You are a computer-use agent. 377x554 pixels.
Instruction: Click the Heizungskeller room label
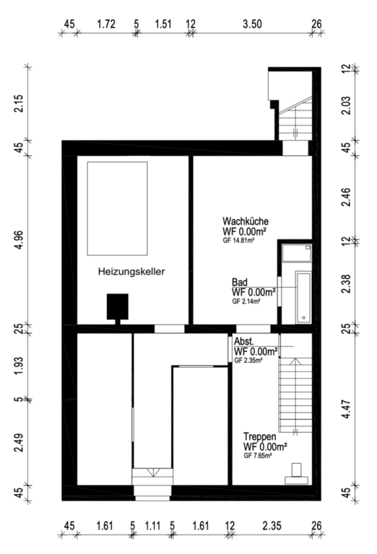pyautogui.click(x=131, y=272)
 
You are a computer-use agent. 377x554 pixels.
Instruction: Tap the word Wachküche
pyautogui.click(x=246, y=221)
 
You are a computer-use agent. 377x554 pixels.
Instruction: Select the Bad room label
pyautogui.click(x=240, y=282)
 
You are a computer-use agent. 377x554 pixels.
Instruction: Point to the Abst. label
pyautogui.click(x=243, y=342)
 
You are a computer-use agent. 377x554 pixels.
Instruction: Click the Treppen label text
pyautogui.click(x=259, y=436)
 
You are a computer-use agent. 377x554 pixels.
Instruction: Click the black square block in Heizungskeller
pyautogui.click(x=118, y=307)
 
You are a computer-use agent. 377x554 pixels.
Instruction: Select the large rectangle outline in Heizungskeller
pyautogui.click(x=118, y=208)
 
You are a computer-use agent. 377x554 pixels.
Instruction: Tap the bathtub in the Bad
pyautogui.click(x=303, y=297)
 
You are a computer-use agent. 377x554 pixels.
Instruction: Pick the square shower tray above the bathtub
pyautogui.click(x=297, y=253)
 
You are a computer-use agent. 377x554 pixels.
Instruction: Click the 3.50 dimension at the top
pyautogui.click(x=252, y=24)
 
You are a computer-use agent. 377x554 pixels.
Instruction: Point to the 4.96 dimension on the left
pyautogui.click(x=19, y=239)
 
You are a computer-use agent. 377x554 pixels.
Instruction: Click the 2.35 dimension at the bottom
pyautogui.click(x=272, y=526)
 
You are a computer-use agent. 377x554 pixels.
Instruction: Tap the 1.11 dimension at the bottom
pyautogui.click(x=152, y=526)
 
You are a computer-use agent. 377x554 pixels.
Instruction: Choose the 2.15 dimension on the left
pyautogui.click(x=19, y=103)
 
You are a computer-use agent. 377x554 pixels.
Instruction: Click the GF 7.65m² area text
pyautogui.click(x=258, y=456)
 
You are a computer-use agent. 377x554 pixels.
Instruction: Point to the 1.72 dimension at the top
pyautogui.click(x=106, y=24)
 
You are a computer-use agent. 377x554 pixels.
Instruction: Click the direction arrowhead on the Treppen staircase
pyautogui.click(x=295, y=361)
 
